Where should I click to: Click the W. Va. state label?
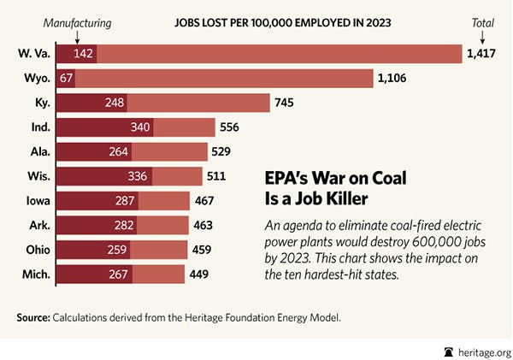tap(32, 54)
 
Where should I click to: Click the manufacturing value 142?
tap(83, 54)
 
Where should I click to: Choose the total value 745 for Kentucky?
tap(285, 103)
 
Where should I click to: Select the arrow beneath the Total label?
tap(482, 35)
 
